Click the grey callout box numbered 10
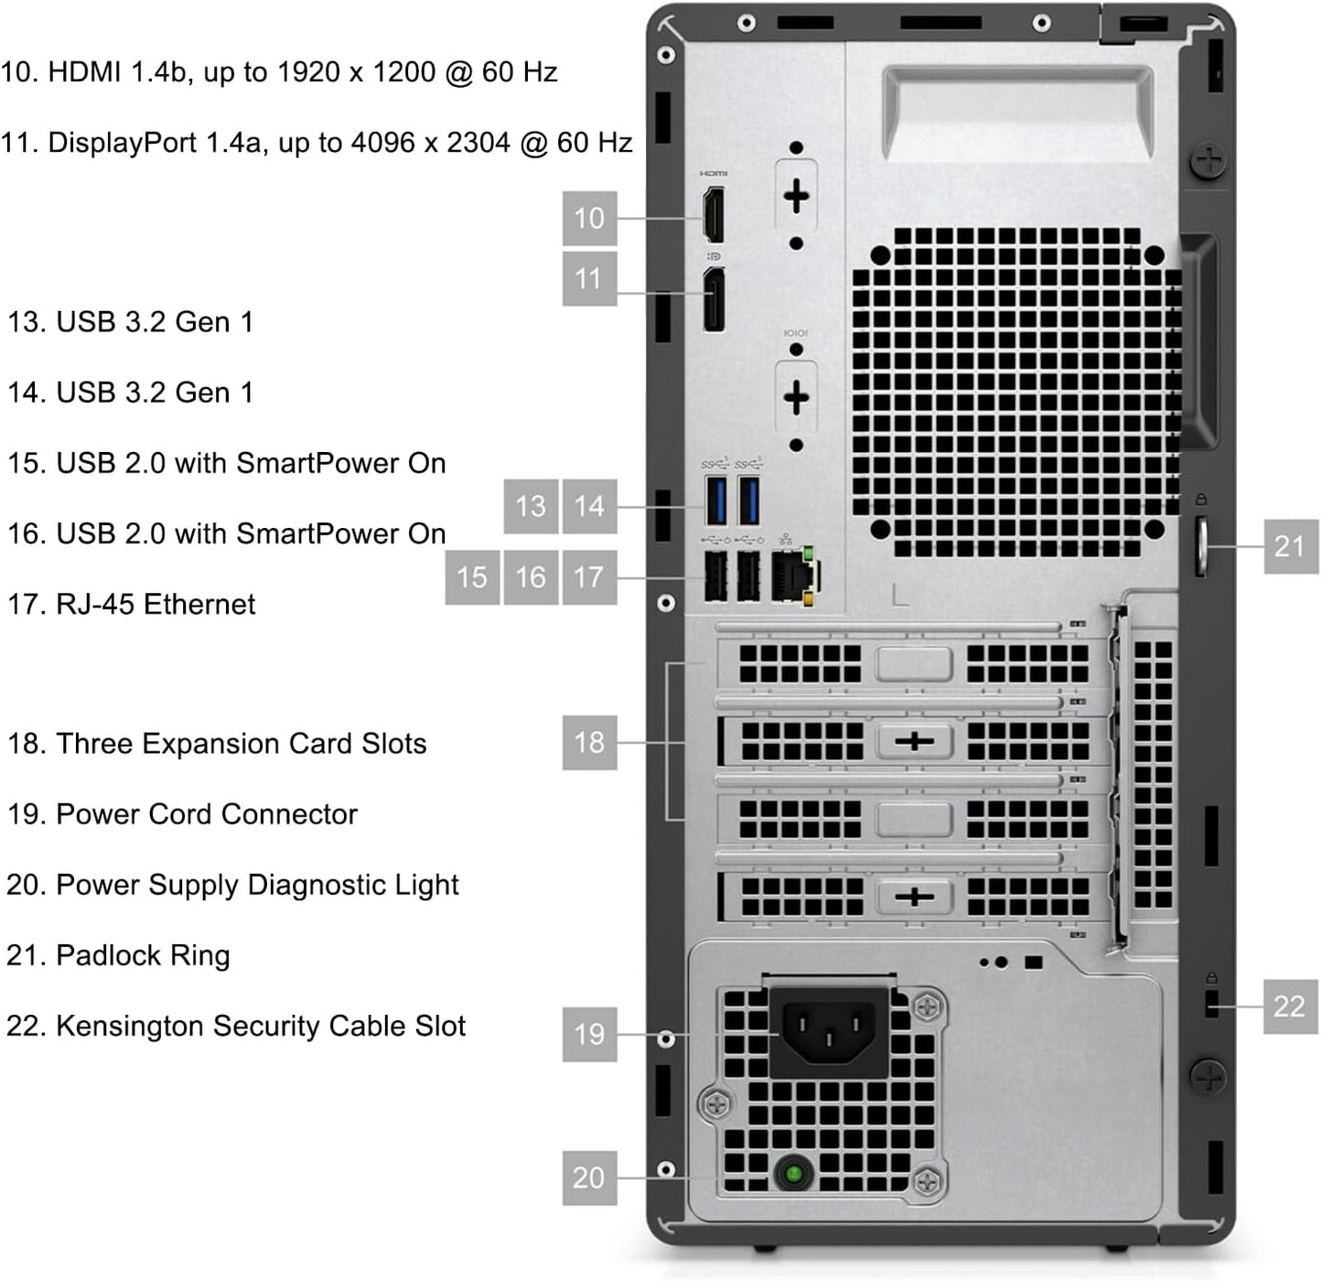(589, 218)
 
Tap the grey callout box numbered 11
(589, 278)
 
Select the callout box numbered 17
(589, 576)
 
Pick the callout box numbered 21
(1290, 546)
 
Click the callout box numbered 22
(1290, 1006)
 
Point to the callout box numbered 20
(589, 1178)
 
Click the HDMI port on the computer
(713, 215)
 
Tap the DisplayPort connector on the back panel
(713, 298)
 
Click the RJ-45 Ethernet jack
(792, 576)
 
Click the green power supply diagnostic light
(792, 1173)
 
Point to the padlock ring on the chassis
(1201, 546)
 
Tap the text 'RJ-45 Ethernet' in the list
(156, 605)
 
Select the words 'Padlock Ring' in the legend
(143, 956)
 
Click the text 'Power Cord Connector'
(207, 814)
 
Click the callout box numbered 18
(589, 741)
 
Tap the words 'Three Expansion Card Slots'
(242, 744)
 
